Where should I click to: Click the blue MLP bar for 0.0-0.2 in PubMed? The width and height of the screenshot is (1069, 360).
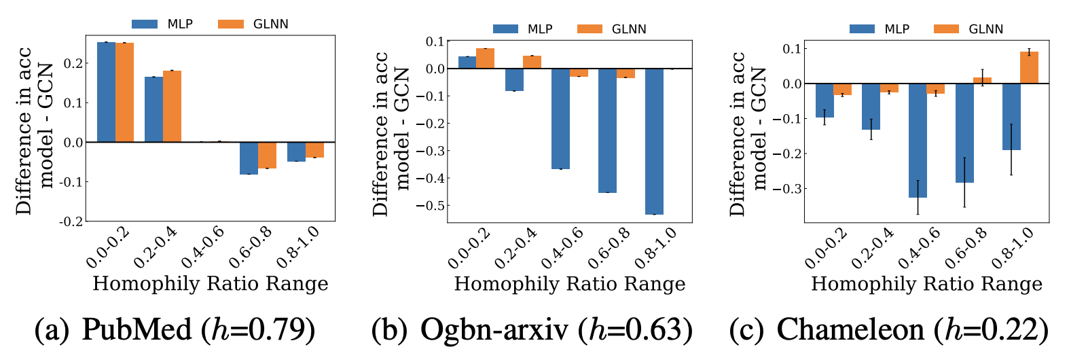[x=106, y=92]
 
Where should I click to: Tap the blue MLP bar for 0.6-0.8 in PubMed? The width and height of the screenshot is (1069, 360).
[x=249, y=158]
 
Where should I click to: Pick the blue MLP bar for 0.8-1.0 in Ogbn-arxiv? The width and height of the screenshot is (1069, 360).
[x=654, y=141]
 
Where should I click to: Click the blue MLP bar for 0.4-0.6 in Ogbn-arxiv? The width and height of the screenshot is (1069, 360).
[x=560, y=119]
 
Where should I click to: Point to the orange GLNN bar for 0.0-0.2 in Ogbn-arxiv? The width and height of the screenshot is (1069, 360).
[x=485, y=58]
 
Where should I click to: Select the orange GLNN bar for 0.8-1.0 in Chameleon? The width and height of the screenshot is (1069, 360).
[x=1030, y=68]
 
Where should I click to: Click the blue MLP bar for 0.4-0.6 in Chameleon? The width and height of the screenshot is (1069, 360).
[x=918, y=141]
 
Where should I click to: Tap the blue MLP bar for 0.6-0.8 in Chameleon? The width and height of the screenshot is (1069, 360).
[x=964, y=133]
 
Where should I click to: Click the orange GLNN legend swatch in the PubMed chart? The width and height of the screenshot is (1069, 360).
[x=231, y=24]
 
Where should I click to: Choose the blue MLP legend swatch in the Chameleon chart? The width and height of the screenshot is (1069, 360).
[x=862, y=29]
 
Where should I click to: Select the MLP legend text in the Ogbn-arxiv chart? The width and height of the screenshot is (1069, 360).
[x=540, y=29]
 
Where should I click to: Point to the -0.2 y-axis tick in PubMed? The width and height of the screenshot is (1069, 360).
[x=73, y=221]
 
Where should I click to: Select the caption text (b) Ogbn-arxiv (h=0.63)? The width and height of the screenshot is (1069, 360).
[x=532, y=330]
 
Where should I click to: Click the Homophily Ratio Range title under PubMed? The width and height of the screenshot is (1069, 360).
[x=211, y=283]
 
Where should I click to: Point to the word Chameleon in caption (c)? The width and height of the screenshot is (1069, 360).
[x=850, y=330]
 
